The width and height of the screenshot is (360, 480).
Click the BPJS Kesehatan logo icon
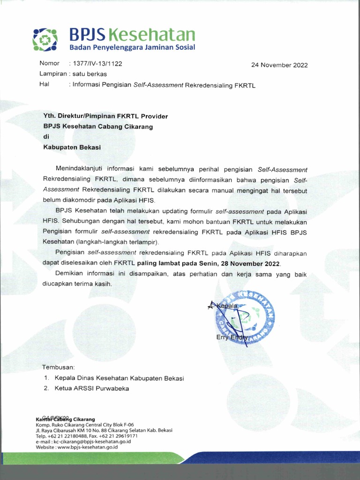(x=45, y=39)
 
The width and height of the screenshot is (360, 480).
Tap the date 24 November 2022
(x=279, y=65)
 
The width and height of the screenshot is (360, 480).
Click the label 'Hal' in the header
(x=45, y=84)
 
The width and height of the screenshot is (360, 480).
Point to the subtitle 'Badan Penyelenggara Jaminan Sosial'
(x=132, y=48)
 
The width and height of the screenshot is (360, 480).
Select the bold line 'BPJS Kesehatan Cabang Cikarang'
(x=98, y=126)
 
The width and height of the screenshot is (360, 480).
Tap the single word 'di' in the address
(x=46, y=136)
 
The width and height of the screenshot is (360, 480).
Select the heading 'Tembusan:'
(x=59, y=367)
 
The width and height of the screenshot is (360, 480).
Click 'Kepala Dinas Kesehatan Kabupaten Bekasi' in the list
(x=119, y=378)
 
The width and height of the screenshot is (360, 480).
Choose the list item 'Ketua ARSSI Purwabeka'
(x=91, y=388)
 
